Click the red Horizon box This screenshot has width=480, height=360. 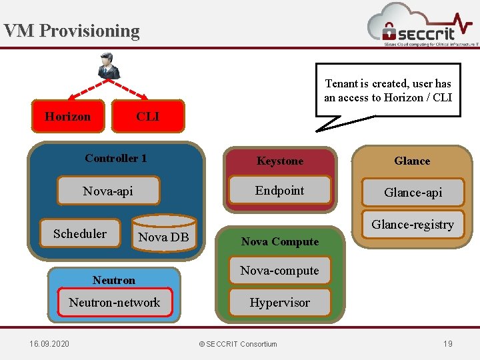[68, 116]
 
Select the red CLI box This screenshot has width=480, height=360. [147, 116]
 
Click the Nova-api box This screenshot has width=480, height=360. [108, 191]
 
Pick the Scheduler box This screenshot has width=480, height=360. [80, 233]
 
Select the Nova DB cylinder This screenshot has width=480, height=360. [163, 234]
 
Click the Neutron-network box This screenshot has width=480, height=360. [115, 302]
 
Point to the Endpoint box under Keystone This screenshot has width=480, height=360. [280, 191]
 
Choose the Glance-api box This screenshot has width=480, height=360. [413, 192]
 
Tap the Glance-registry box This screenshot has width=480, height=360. [413, 225]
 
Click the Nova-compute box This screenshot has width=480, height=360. [279, 270]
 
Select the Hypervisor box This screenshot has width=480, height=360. [279, 302]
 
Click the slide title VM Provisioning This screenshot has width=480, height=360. [71, 31]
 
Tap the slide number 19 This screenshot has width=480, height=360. [447, 343]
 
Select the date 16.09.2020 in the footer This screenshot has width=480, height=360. [49, 343]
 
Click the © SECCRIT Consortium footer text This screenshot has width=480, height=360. [238, 343]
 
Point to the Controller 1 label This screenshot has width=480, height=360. [116, 158]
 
